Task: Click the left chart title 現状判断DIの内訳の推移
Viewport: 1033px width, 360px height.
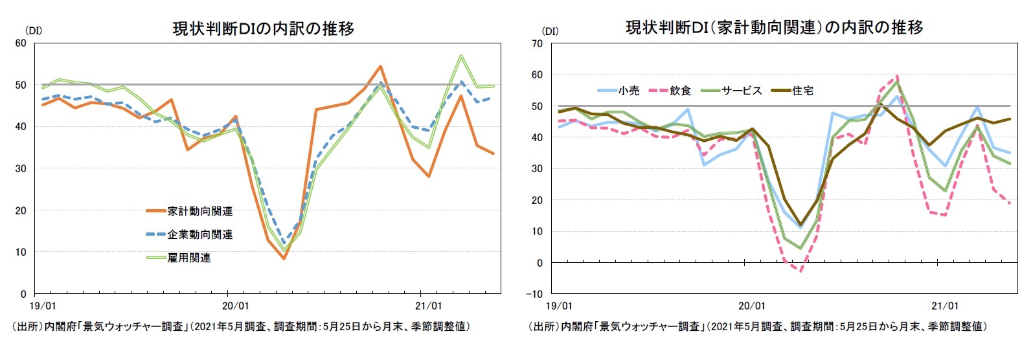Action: pyautogui.click(x=263, y=28)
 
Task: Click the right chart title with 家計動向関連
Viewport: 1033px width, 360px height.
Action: pyautogui.click(x=774, y=27)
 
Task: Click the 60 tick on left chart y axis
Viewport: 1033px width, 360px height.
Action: pyautogui.click(x=21, y=43)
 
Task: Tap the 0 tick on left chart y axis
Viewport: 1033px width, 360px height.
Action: pyautogui.click(x=23, y=294)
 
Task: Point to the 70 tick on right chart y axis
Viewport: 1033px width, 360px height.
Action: pyautogui.click(x=537, y=44)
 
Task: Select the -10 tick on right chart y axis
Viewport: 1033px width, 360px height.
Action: pyautogui.click(x=535, y=294)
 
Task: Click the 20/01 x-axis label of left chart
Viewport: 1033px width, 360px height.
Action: pyautogui.click(x=235, y=306)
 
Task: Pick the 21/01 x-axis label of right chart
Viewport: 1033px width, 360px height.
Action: pyautogui.click(x=944, y=306)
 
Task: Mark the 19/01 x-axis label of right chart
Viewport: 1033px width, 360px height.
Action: pyautogui.click(x=559, y=306)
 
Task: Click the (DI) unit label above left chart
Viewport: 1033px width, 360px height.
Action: pyautogui.click(x=33, y=30)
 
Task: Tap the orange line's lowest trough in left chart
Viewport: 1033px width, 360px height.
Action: pyautogui.click(x=283, y=258)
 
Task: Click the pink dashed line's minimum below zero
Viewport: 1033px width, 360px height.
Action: pyautogui.click(x=800, y=271)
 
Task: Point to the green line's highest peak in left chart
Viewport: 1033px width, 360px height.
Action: pyautogui.click(x=460, y=56)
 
